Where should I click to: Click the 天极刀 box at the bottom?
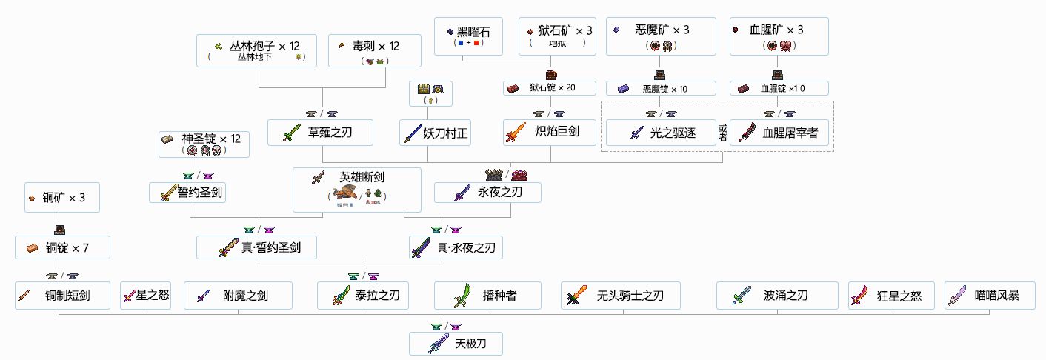(x=456, y=344)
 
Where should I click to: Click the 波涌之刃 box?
(x=776, y=296)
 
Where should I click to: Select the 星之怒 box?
(x=145, y=296)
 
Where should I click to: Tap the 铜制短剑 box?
(x=62, y=296)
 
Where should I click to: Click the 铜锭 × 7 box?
(x=62, y=247)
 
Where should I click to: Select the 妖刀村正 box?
(x=436, y=133)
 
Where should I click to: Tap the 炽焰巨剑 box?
(x=551, y=133)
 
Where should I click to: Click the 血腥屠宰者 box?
(x=781, y=133)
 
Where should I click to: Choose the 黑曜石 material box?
(x=468, y=36)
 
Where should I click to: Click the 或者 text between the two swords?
(x=723, y=133)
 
